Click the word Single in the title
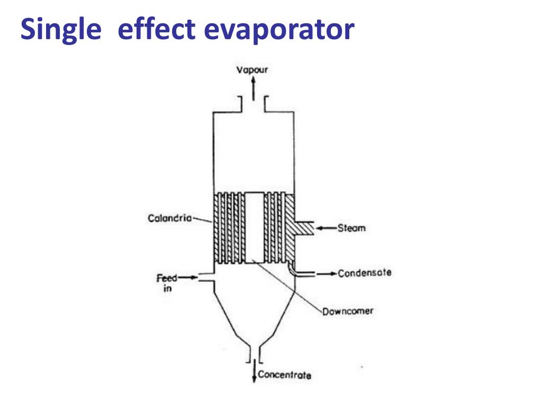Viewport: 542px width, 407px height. click(61, 30)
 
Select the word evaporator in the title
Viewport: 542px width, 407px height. click(279, 30)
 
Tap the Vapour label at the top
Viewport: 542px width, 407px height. click(252, 69)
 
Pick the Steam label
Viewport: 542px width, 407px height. click(352, 229)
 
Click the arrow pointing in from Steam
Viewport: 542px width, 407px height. click(327, 228)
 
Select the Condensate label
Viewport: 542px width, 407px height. click(365, 273)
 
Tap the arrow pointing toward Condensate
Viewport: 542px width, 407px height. click(327, 273)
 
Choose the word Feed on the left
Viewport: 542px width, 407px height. click(166, 278)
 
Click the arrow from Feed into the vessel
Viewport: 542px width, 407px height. click(184, 277)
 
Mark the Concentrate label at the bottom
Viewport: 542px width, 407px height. click(284, 375)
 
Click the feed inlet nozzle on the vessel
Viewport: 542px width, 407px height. click(205, 277)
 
